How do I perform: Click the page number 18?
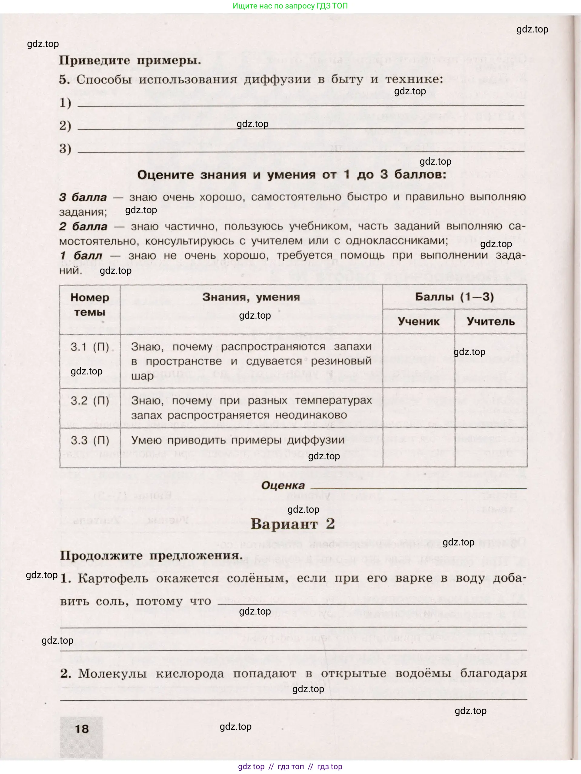82,729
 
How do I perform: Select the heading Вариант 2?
293,524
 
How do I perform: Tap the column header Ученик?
418,321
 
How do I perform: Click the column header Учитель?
490,321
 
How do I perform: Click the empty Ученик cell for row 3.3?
418,447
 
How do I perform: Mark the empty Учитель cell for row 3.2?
490,407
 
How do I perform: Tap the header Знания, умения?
251,297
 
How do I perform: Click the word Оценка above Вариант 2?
283,485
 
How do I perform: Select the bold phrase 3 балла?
83,197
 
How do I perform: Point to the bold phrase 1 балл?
81,256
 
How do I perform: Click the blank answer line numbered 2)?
300,128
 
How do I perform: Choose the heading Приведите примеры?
130,60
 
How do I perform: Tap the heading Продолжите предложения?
151,556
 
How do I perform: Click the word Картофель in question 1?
113,578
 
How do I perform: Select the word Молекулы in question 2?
112,673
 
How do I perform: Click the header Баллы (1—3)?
454,297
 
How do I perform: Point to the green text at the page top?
290,6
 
